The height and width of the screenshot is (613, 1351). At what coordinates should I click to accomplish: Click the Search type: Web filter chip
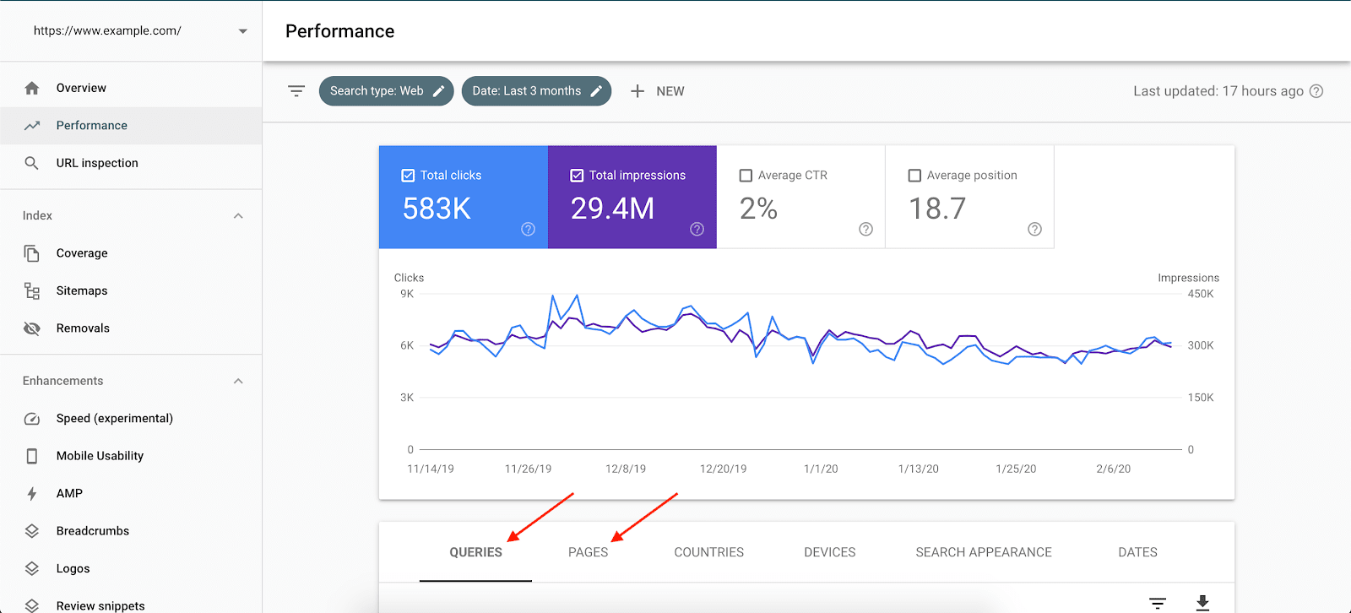[x=386, y=91]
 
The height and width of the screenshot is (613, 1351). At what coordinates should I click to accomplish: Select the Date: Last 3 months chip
[x=535, y=91]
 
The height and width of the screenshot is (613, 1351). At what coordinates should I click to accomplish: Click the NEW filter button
[x=658, y=91]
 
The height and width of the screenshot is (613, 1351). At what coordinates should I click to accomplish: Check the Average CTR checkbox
[x=746, y=176]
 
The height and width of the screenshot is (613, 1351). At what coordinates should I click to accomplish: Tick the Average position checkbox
[x=914, y=176]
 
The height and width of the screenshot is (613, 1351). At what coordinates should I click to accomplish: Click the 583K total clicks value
[x=437, y=209]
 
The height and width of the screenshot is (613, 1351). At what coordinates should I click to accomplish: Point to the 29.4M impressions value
[x=612, y=209]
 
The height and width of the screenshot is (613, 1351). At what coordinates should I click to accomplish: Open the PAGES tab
[x=588, y=552]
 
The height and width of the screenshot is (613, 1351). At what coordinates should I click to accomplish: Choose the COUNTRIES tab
[x=708, y=552]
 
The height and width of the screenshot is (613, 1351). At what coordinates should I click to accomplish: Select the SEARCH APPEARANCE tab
[x=984, y=552]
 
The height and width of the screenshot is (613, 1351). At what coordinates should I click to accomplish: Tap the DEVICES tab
[x=829, y=552]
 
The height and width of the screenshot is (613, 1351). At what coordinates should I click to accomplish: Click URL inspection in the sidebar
[x=97, y=163]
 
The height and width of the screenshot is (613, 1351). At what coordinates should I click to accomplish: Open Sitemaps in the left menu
[x=82, y=290]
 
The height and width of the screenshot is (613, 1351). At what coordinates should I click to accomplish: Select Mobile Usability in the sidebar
[x=100, y=456]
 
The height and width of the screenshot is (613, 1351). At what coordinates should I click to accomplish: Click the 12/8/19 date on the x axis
[x=626, y=469]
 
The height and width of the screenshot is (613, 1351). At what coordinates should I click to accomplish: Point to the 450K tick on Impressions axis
[x=1200, y=294]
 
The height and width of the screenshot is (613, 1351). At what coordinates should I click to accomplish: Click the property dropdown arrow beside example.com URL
[x=243, y=31]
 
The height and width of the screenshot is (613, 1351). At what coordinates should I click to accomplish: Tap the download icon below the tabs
[x=1202, y=602]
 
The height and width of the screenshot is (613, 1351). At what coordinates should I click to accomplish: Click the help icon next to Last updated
[x=1316, y=91]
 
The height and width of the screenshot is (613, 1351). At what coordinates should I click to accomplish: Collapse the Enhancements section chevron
[x=238, y=381]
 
